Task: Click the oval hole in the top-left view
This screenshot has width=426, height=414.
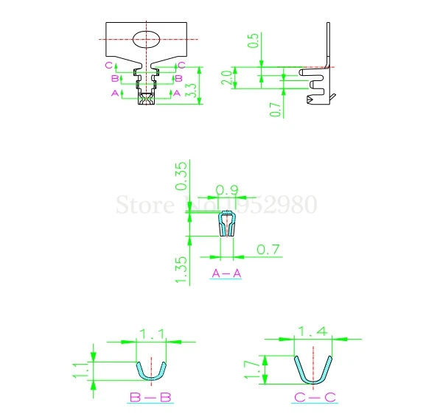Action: (x=150, y=39)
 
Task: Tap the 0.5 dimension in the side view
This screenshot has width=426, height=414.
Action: (x=254, y=41)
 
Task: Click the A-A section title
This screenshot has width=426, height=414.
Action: (x=226, y=274)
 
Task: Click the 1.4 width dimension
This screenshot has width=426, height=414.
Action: (x=313, y=331)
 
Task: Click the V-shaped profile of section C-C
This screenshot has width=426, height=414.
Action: (x=314, y=371)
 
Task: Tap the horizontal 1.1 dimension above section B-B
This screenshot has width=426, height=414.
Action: (x=151, y=334)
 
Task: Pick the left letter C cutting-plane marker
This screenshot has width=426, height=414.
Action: (x=108, y=66)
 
